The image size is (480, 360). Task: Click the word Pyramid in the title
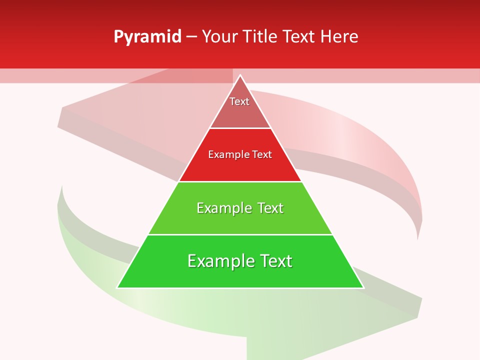(147, 37)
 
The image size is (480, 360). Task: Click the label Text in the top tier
(239, 101)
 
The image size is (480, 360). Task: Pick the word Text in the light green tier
(270, 208)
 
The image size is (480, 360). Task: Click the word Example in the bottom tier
(219, 261)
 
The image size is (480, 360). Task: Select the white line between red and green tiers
(240, 181)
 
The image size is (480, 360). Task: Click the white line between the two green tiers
(240, 234)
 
